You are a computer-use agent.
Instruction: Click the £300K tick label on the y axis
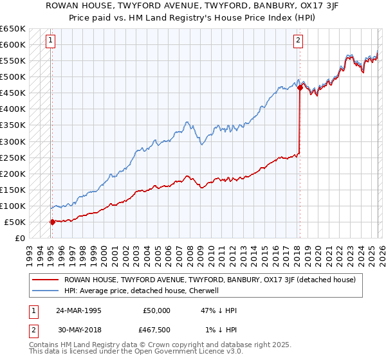coord(12,141)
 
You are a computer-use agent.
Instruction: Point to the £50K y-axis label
coord(14,222)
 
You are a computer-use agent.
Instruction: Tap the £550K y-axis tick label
coord(12,61)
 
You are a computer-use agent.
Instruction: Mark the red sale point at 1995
coord(52,222)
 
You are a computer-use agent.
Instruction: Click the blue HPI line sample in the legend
coord(44,291)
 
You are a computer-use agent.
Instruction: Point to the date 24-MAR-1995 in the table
coord(77,310)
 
